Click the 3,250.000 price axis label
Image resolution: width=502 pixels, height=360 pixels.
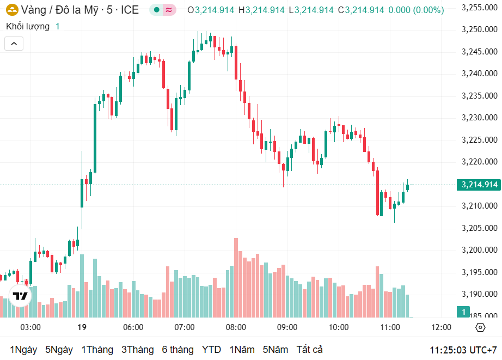[x=479, y=29]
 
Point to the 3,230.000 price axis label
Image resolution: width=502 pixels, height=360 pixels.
[x=479, y=118]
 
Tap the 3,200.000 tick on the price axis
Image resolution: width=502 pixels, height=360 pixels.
[x=479, y=250]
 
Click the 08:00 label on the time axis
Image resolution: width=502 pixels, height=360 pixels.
[x=236, y=327]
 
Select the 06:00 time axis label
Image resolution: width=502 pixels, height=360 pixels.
[x=133, y=327]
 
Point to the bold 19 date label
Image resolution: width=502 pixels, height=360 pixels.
[x=82, y=327]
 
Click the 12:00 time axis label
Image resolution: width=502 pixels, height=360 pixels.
[x=441, y=327]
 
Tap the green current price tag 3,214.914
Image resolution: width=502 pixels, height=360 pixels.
[x=479, y=185]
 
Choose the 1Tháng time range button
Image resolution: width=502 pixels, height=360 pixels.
[x=97, y=350]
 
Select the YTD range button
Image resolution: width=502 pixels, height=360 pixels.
[x=211, y=350]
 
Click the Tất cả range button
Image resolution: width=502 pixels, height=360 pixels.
[x=309, y=350]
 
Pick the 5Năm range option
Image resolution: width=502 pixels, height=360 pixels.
[x=276, y=350]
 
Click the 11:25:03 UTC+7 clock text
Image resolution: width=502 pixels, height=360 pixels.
[x=463, y=350]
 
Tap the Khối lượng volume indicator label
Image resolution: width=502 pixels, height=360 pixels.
[x=28, y=26]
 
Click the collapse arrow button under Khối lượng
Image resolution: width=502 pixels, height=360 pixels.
[x=14, y=44]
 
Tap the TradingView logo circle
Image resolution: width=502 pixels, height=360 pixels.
[x=20, y=296]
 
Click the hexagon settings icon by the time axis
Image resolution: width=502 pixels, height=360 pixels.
[x=480, y=327]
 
